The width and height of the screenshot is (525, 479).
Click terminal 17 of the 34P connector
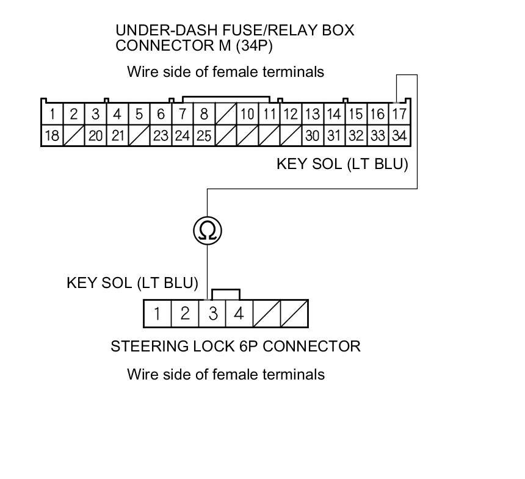pos(399,113)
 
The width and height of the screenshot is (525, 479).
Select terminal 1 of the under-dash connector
pos(52,113)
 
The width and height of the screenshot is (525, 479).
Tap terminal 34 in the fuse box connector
pos(399,135)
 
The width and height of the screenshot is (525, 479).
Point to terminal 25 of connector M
pos(204,135)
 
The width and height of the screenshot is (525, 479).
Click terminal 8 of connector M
pos(204,113)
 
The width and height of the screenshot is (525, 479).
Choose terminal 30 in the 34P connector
pos(313,135)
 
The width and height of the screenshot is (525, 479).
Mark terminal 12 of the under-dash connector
pos(291,113)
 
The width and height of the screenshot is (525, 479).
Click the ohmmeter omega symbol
pos(208,231)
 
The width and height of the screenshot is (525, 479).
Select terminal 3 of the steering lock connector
pos(212,314)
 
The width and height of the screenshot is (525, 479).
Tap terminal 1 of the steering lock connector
pos(157,314)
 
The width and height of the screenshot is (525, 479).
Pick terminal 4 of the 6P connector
pos(239,314)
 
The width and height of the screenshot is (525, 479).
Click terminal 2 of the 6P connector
pos(185,314)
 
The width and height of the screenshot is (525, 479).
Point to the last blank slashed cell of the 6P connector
pos(294,314)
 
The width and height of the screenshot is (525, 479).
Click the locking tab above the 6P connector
pos(225,295)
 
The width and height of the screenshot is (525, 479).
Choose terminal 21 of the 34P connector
pos(117,135)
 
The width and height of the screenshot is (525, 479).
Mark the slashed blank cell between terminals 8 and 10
pos(226,113)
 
